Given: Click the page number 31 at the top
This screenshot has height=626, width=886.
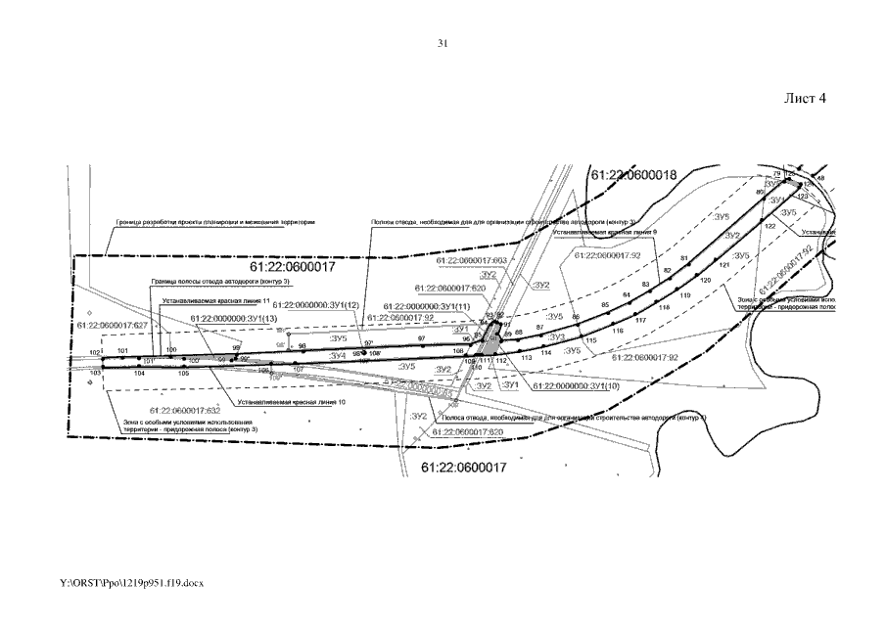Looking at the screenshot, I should [x=443, y=44].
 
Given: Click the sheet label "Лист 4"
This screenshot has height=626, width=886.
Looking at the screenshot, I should [x=806, y=99].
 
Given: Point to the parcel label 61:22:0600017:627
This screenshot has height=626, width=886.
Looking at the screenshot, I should [x=113, y=325].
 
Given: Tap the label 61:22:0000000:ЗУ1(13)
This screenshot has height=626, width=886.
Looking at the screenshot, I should [x=235, y=319].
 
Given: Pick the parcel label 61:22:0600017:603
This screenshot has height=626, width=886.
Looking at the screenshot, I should [x=471, y=261].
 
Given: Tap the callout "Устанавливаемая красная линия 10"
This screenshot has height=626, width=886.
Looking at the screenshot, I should [x=292, y=402].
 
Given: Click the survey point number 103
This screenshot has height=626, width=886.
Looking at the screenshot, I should [x=96, y=374].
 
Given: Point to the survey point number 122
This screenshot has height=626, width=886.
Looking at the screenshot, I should [x=769, y=227].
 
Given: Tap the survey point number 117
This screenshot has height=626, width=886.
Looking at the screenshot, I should [x=641, y=321].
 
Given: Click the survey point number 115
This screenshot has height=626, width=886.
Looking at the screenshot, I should [x=590, y=340].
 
